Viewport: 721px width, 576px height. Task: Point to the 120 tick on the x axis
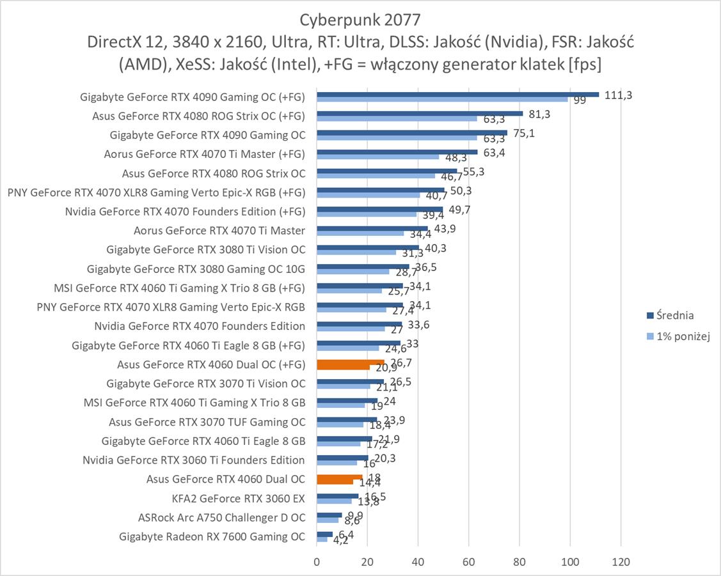point(621,562)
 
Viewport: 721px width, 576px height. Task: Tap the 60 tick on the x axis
point(468,562)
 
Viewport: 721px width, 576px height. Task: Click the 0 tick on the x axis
point(317,562)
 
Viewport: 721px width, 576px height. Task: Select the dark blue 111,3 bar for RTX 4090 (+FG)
point(457,95)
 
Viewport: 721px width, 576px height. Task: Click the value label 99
point(580,100)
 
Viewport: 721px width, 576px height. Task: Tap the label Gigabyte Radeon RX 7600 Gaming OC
point(212,536)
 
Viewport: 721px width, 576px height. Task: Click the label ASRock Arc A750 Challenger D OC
point(221,517)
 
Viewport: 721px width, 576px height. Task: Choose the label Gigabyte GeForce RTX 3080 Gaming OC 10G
point(196,269)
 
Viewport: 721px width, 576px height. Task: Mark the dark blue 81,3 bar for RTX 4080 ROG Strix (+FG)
point(420,114)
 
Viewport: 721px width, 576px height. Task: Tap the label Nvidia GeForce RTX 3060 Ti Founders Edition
point(193,460)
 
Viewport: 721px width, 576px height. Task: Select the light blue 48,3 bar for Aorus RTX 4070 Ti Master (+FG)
point(377,157)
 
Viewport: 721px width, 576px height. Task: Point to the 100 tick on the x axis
point(569,562)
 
